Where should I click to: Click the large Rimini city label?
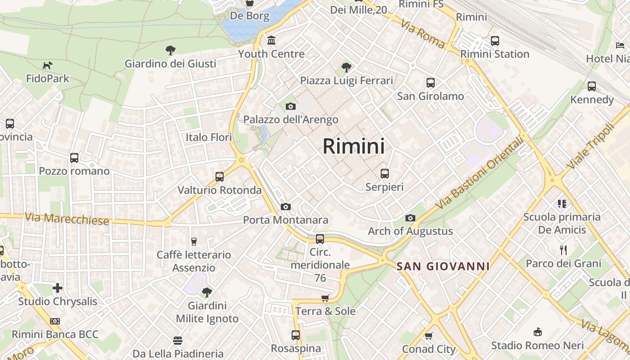click(x=354, y=146)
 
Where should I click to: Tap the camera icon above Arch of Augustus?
click(x=410, y=218)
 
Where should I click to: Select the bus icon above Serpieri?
click(x=384, y=174)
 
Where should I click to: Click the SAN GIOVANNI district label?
click(x=443, y=266)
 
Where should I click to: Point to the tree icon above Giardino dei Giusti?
click(x=170, y=50)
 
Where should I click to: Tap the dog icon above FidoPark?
click(x=48, y=66)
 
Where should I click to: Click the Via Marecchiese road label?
click(x=67, y=219)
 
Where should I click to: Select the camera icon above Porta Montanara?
click(x=285, y=207)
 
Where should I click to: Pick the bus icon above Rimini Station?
click(x=495, y=41)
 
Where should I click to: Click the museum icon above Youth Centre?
click(x=271, y=41)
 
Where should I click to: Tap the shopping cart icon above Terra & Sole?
click(x=325, y=298)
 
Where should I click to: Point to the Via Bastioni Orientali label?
click(x=480, y=173)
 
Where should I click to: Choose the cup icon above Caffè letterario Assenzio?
click(x=194, y=242)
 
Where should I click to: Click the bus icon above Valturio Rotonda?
click(x=220, y=177)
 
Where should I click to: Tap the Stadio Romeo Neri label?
click(x=537, y=346)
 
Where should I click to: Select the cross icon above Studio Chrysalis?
click(x=58, y=288)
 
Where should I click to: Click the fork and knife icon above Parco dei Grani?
click(x=563, y=250)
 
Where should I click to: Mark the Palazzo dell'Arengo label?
click(x=291, y=120)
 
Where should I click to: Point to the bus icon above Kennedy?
click(x=592, y=86)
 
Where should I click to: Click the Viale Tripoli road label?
click(x=590, y=146)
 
